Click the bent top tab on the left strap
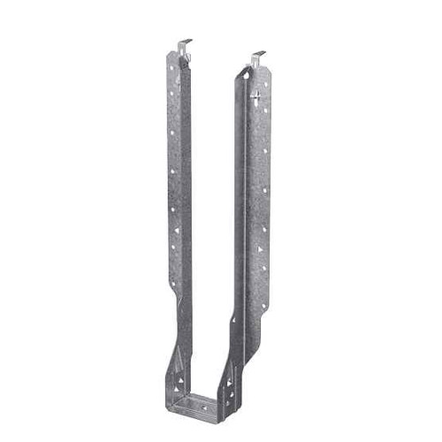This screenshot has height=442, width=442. click(184, 46)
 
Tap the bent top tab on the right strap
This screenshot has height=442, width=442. click(257, 59)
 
